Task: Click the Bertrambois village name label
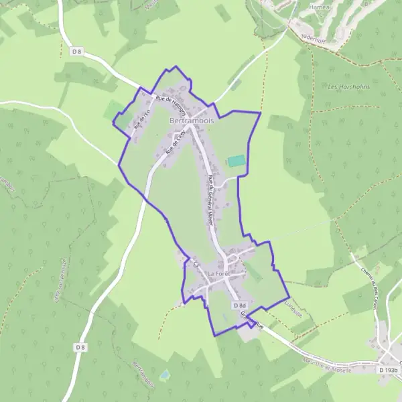[192, 120]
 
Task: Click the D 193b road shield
[388, 369]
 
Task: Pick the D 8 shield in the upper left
[76, 51]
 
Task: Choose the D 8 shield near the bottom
[80, 346]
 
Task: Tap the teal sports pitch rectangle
[236, 161]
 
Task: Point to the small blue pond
[165, 373]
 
